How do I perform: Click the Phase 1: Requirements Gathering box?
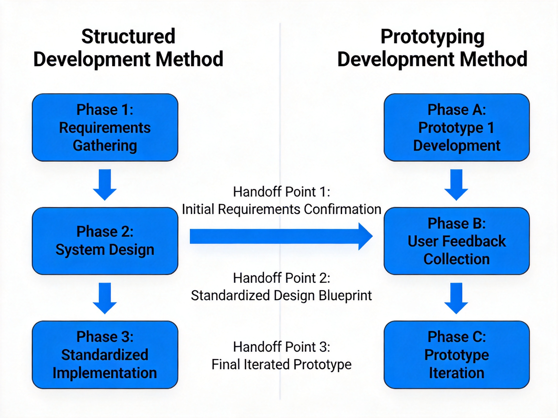pos(105,127)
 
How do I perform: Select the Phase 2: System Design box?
pos(105,241)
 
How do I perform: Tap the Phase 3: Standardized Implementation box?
pos(105,355)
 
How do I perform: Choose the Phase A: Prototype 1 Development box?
pos(457,127)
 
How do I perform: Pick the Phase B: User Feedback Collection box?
pos(457,241)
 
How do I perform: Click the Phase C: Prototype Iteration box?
pos(457,355)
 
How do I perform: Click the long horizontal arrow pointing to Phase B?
pos(281,236)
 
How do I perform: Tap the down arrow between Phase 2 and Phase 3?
pos(105,298)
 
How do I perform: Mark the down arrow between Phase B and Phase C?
pos(456,298)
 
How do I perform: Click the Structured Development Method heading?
pos(128,48)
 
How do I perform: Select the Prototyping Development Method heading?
pos(432,48)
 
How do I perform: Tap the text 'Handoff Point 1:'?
pos(281,192)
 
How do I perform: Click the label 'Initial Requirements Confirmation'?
pos(281,209)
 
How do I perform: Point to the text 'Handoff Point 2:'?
pos(281,278)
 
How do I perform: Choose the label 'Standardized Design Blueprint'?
pos(281,295)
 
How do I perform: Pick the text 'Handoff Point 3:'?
pos(281,347)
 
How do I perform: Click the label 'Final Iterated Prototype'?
pos(281,364)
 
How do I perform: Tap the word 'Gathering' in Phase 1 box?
pos(105,146)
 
